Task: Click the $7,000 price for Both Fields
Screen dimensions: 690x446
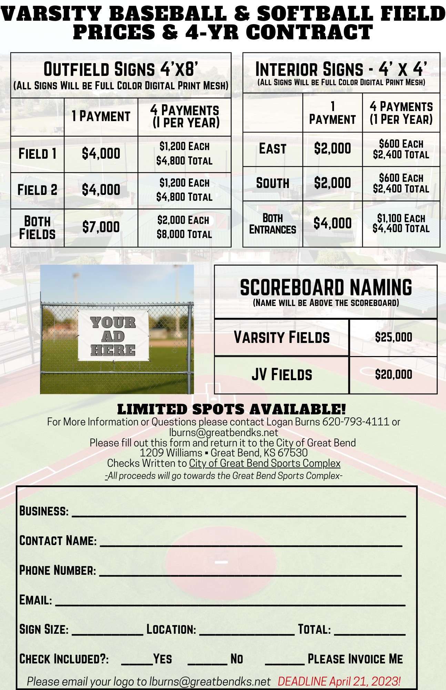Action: pyautogui.click(x=101, y=227)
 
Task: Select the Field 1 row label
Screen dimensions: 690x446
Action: pyautogui.click(x=37, y=154)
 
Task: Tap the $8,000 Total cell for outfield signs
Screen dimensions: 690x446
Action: pyautogui.click(x=184, y=234)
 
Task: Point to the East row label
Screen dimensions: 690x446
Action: pyautogui.click(x=273, y=149)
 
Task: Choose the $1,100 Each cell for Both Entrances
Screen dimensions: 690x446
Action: pyautogui.click(x=401, y=218)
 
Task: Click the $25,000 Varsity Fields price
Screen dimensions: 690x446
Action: pyautogui.click(x=393, y=337)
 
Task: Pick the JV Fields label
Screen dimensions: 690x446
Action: pyautogui.click(x=282, y=374)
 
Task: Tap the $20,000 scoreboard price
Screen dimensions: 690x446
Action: pyautogui.click(x=393, y=374)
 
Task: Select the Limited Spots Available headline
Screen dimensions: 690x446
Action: pyautogui.click(x=231, y=409)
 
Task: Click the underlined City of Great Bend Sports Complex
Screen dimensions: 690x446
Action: pyautogui.click(x=265, y=463)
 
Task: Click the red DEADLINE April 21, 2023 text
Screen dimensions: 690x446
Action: pyautogui.click(x=339, y=681)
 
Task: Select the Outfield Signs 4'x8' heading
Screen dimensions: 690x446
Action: pyautogui.click(x=121, y=69)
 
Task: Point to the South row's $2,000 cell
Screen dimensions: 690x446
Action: pyautogui.click(x=332, y=183)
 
